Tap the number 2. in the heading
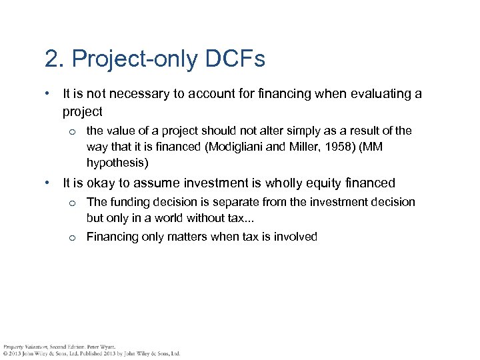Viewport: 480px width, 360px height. click(53, 59)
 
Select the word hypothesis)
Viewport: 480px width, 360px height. click(115, 163)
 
